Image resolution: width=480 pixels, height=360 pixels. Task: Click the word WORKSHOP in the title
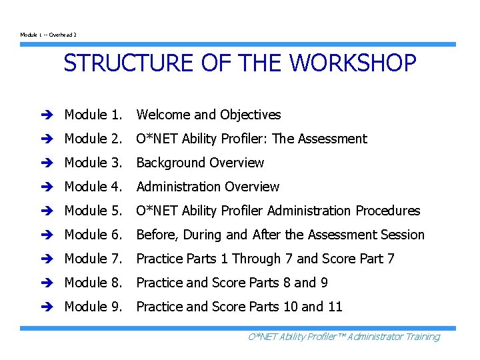point(353,64)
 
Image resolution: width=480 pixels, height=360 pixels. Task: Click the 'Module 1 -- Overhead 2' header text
point(49,35)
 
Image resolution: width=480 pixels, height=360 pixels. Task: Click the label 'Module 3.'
point(93,163)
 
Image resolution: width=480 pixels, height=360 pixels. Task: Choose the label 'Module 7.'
point(93,259)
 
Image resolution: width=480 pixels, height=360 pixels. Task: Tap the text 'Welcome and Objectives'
point(208,115)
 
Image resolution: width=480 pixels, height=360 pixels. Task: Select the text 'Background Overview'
point(200,163)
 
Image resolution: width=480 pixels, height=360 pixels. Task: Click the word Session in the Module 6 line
point(401,235)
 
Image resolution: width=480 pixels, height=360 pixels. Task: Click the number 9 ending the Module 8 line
point(324,283)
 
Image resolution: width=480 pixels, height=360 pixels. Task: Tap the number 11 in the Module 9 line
point(335,307)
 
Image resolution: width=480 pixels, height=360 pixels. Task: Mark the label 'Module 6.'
point(93,235)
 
